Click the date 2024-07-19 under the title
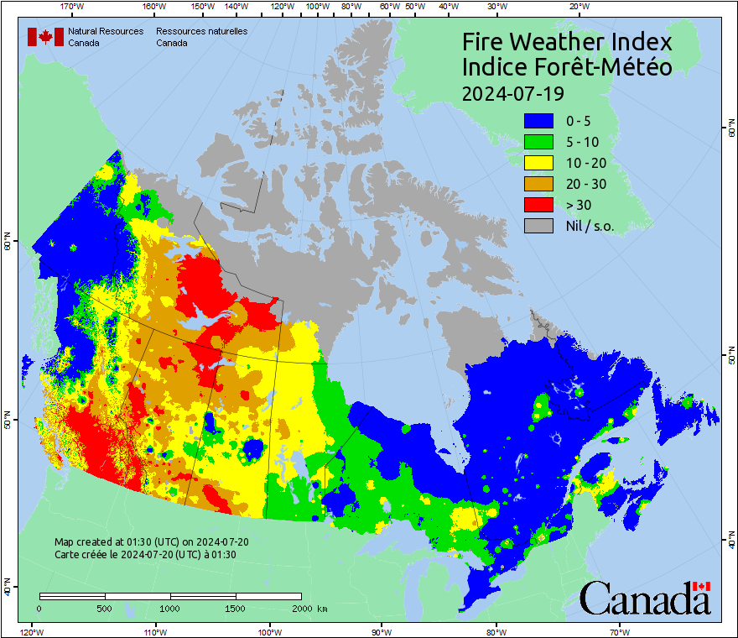[x=512, y=92]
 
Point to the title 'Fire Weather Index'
[x=567, y=42]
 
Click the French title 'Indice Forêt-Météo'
[x=567, y=67]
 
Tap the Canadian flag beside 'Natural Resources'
[x=45, y=37]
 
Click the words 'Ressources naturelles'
[x=201, y=31]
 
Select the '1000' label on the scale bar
[x=170, y=608]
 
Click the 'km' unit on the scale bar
[x=322, y=608]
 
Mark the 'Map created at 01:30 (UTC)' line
[x=152, y=542]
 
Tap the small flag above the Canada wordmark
[x=702, y=586]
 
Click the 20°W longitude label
[x=577, y=7]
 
